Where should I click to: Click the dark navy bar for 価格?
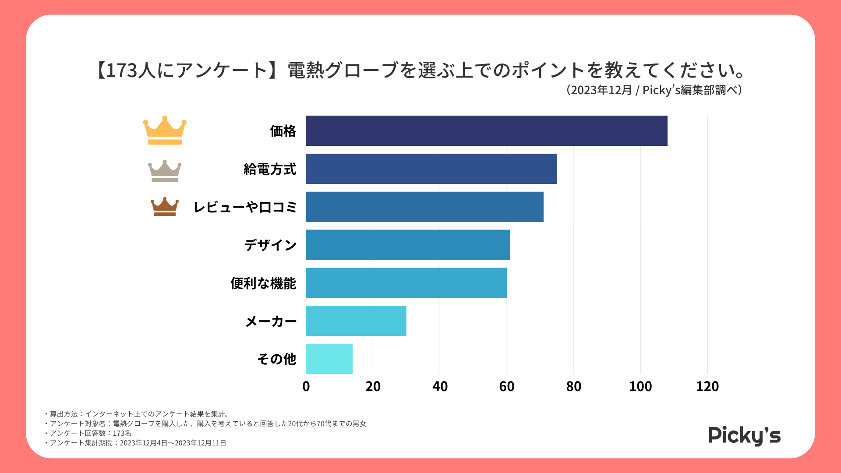coord(486,131)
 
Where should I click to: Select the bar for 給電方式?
coord(431,169)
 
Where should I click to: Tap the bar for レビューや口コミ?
coord(424,207)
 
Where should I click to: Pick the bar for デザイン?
coord(408,245)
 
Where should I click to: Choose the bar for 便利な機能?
coord(406,283)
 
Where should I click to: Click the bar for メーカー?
coord(356,321)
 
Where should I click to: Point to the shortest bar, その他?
coord(329,359)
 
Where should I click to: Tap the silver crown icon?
coord(165,171)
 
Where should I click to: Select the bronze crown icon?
coord(165,207)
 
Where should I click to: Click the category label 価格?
coord(283,131)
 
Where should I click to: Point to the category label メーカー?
coord(271,321)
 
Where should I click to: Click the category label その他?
coord(277,359)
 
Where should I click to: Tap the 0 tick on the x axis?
coord(306,386)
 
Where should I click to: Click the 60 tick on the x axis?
coord(507,386)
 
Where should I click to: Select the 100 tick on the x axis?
coord(640,386)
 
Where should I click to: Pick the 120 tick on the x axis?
coord(707,386)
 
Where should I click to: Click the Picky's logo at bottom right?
coord(744,435)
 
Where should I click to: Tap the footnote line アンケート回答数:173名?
coord(90,433)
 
